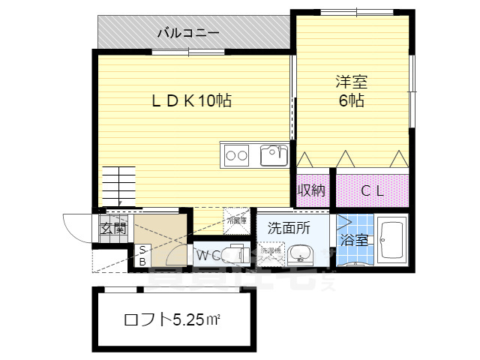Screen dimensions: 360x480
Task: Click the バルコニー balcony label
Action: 188,32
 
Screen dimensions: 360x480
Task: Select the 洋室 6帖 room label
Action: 350,91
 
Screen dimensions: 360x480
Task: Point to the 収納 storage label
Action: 310,190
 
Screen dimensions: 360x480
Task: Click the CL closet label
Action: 372,190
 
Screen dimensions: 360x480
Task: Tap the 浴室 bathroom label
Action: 354,240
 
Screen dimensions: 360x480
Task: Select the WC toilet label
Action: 207,256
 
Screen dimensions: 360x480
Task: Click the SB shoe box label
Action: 141,256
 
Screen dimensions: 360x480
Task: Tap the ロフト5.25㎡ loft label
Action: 171,320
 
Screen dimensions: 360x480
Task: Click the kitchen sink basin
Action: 272,156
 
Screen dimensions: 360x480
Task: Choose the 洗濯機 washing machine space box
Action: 268,253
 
